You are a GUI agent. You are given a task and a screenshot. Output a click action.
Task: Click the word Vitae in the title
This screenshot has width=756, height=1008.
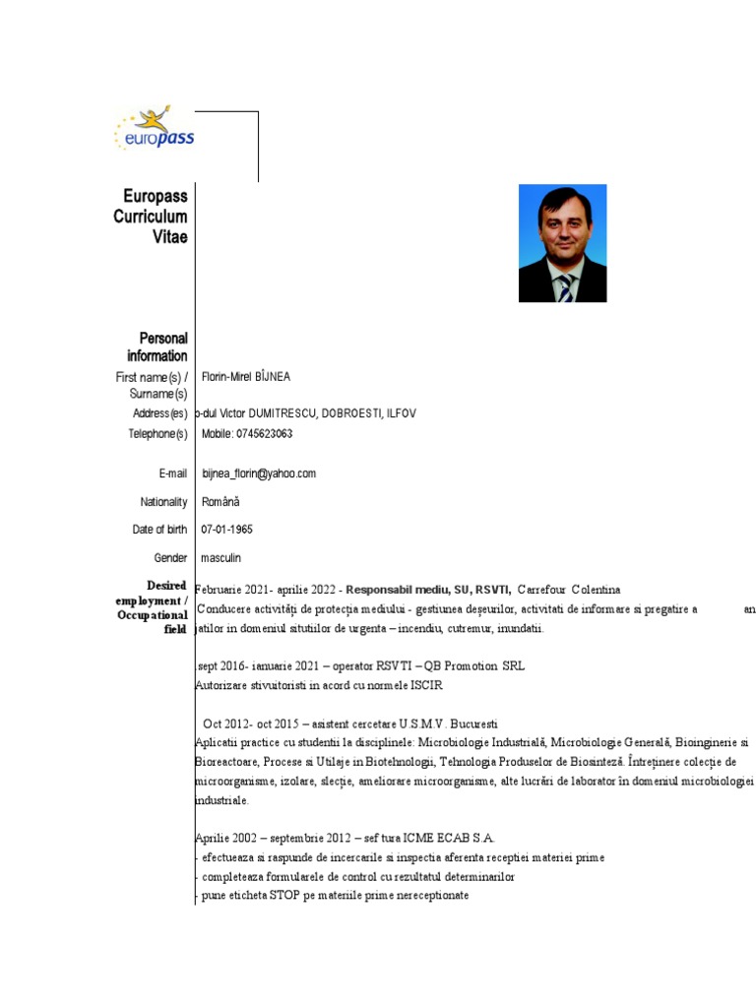[x=169, y=236]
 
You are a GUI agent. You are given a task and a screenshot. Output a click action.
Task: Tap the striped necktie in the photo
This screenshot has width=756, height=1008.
[x=565, y=286]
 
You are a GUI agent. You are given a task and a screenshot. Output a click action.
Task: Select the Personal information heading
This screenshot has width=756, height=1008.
[x=157, y=346]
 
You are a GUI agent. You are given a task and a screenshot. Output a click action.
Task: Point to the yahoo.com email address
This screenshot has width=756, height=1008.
[x=259, y=473]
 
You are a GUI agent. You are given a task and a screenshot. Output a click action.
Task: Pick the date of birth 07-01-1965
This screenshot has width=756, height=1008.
[x=226, y=530]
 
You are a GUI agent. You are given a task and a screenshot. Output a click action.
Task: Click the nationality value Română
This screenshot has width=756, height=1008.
[x=220, y=502]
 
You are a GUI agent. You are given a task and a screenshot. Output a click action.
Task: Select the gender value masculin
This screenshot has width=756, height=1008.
[x=221, y=558]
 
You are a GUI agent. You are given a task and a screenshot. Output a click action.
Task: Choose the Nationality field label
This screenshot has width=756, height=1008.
[x=163, y=502]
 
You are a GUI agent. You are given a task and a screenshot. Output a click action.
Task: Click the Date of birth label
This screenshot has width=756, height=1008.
[x=159, y=530]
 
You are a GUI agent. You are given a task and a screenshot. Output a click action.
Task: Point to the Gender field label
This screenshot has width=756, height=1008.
[x=170, y=558]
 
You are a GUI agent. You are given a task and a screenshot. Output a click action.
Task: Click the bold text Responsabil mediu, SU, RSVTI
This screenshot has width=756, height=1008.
[x=428, y=590]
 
